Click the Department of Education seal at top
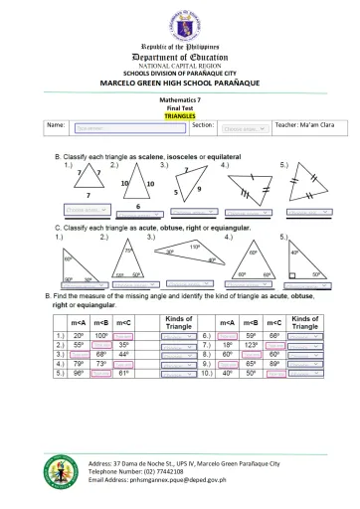(x=179, y=23)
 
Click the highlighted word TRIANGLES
(x=179, y=116)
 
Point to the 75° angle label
(x=128, y=252)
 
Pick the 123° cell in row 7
(x=252, y=346)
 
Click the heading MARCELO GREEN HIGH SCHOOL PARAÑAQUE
(x=179, y=81)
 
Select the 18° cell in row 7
(x=228, y=346)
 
